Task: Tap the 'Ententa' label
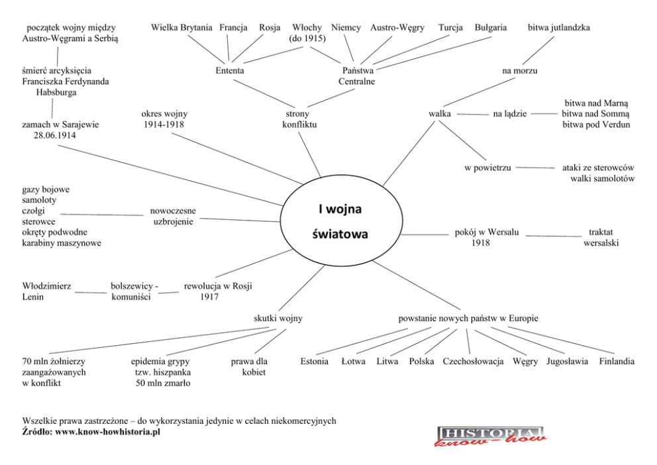230,70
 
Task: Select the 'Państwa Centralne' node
357,76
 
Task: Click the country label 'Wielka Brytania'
181,28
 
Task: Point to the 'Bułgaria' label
491,28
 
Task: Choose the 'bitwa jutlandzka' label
558,28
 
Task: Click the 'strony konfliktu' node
299,119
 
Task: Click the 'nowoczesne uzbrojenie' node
173,216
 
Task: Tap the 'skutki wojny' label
278,319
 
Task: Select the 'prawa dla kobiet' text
249,367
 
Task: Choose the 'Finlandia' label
617,362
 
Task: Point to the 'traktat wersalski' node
601,238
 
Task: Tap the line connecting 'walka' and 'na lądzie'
473,115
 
